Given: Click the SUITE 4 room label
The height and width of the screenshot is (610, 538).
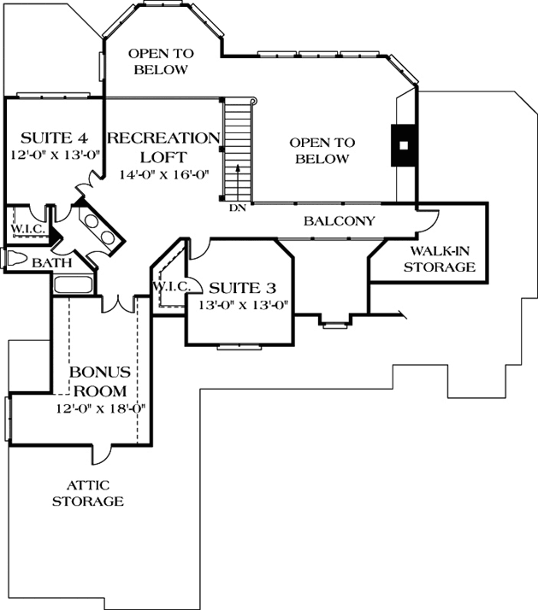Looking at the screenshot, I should coord(54,137).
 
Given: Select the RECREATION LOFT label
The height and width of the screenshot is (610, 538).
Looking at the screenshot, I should coord(163,147).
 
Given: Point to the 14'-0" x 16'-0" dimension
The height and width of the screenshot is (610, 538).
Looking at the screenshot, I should coord(163,174).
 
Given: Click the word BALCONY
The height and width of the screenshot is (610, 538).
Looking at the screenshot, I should coord(340,221).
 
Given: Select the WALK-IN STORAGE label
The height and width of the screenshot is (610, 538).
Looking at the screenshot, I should coord(441,260).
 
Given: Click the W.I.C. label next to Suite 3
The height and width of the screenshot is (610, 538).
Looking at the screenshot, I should coord(170,285).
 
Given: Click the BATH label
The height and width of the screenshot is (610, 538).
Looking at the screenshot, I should coord(51,264).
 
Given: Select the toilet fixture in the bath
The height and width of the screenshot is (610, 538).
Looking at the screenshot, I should coord(15,259).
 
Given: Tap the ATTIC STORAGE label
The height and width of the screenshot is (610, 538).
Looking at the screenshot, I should coord(88,493).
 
